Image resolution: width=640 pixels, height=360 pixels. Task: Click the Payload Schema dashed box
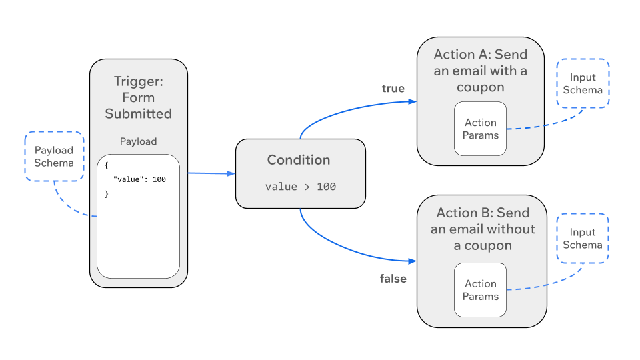pyautogui.click(x=54, y=157)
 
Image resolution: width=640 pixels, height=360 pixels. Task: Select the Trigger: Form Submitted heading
pyautogui.click(x=138, y=97)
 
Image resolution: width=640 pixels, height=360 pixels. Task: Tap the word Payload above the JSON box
pyautogui.click(x=138, y=141)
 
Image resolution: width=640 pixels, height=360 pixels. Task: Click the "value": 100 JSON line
pyautogui.click(x=139, y=180)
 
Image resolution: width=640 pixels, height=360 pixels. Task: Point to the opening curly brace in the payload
pyautogui.click(x=106, y=165)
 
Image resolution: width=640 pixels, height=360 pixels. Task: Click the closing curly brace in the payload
pyautogui.click(x=106, y=194)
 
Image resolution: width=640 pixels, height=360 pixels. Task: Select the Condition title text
pyautogui.click(x=299, y=160)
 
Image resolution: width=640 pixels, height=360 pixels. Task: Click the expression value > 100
pyautogui.click(x=300, y=187)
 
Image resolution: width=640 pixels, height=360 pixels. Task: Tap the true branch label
pyautogui.click(x=393, y=89)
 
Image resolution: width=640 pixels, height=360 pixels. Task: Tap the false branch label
pyautogui.click(x=393, y=279)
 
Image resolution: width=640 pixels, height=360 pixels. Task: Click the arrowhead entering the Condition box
pyautogui.click(x=231, y=174)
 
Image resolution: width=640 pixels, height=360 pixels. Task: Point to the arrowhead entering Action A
pyautogui.click(x=413, y=102)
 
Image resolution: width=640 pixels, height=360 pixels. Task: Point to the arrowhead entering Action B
pyautogui.click(x=413, y=261)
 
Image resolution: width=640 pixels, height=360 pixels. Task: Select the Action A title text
pyautogui.click(x=481, y=71)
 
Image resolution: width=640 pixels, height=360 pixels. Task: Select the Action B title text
pyautogui.click(x=483, y=229)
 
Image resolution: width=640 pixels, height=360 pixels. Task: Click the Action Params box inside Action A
pyautogui.click(x=481, y=129)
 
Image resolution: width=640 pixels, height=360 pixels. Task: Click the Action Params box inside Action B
pyautogui.click(x=481, y=290)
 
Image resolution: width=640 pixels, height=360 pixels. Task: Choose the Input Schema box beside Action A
pyautogui.click(x=583, y=83)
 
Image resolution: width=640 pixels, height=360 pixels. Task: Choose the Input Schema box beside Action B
pyautogui.click(x=583, y=239)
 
